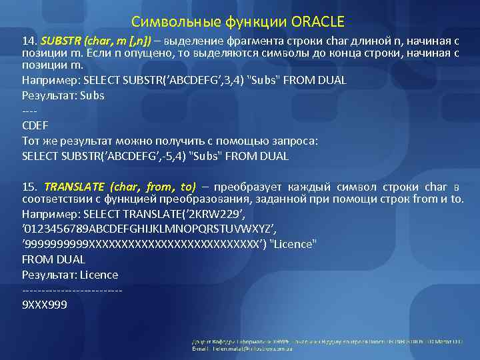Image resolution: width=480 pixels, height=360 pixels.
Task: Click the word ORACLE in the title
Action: [x=317, y=21]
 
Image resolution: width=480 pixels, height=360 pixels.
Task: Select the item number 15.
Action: [x=29, y=186]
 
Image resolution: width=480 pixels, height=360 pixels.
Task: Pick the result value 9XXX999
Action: [x=45, y=305]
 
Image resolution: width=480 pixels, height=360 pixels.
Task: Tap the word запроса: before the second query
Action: [x=296, y=141]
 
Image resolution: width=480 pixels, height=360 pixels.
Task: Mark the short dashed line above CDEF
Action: [x=29, y=111]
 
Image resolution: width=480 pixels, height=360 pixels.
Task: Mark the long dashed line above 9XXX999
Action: [x=72, y=290]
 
